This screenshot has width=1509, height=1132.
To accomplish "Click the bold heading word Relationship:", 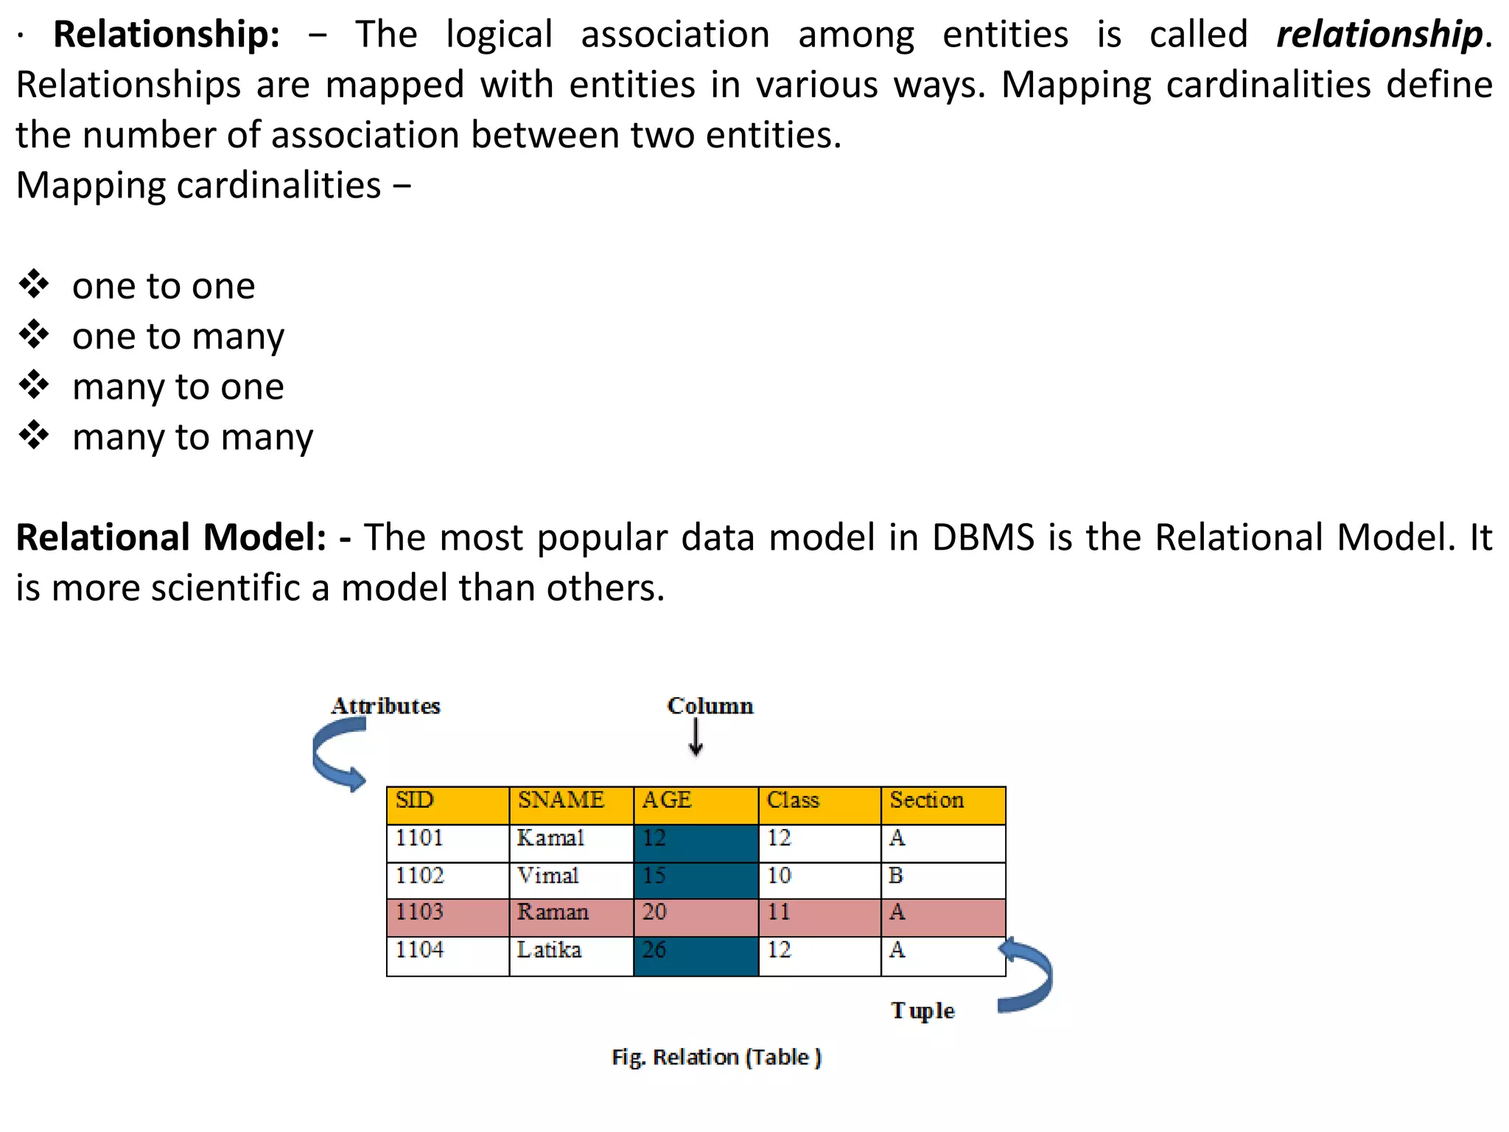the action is tap(167, 35).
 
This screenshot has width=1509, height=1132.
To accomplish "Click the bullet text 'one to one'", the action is tap(164, 286).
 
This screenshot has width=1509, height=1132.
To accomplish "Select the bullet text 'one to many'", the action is tap(178, 337).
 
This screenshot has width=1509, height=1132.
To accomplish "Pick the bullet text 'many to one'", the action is tap(178, 387).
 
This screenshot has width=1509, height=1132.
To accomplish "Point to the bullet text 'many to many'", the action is tap(192, 437).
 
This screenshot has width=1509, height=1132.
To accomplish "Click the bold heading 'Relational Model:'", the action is tap(171, 537).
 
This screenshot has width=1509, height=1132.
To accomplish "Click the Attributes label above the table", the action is tap(385, 706).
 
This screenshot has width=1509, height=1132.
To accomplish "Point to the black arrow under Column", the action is tap(696, 738).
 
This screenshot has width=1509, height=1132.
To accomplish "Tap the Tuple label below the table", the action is tap(922, 1010).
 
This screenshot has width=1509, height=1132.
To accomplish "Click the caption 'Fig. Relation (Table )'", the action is tap(716, 1058).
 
